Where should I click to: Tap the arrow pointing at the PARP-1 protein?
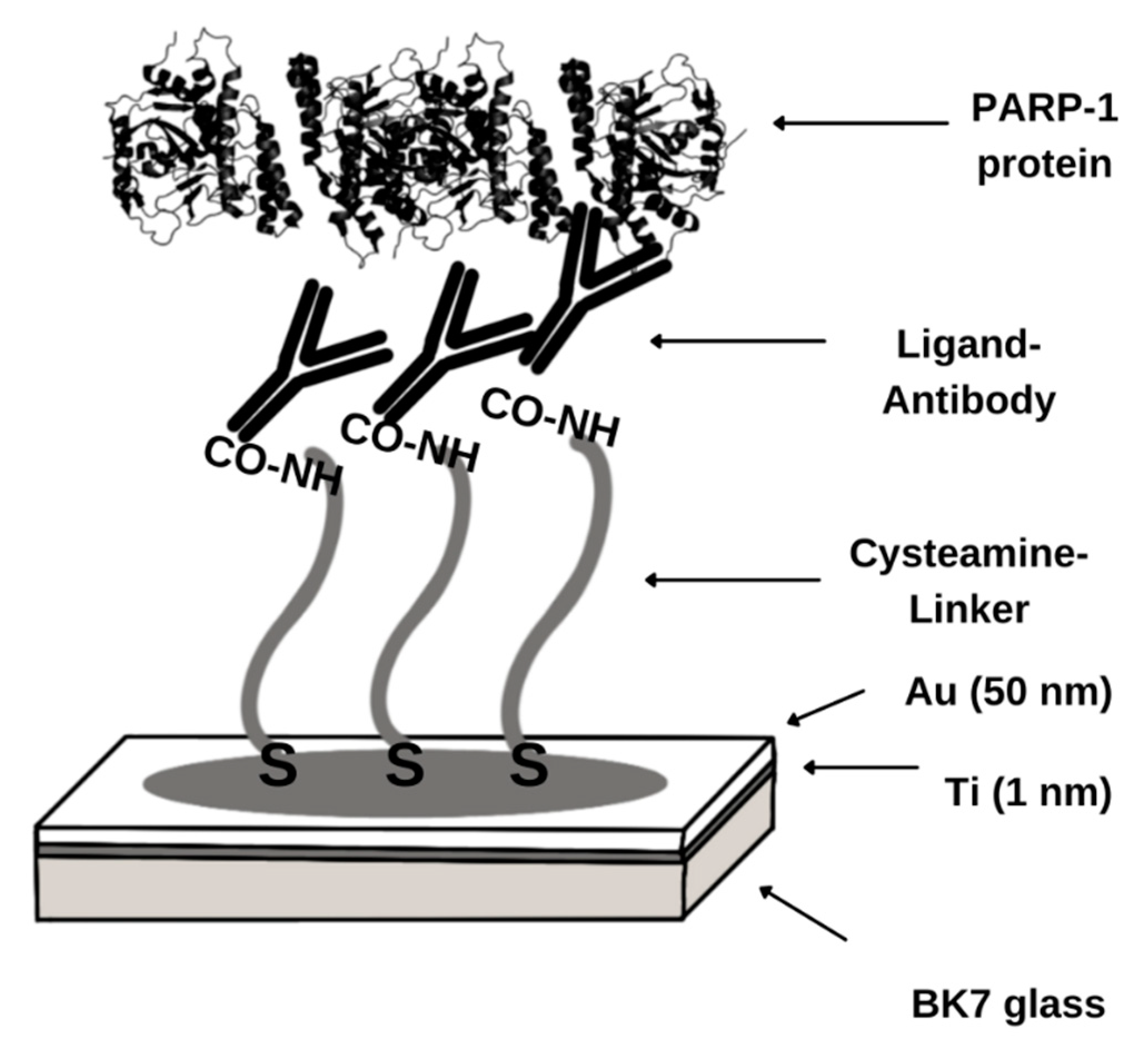pyautogui.click(x=859, y=123)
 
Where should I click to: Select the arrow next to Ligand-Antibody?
pyautogui.click(x=737, y=341)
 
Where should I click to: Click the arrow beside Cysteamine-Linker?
pyautogui.click(x=733, y=580)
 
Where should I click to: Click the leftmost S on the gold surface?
pyautogui.click(x=278, y=766)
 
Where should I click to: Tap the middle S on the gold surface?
pyautogui.click(x=405, y=766)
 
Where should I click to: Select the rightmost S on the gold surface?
pyautogui.click(x=529, y=766)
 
